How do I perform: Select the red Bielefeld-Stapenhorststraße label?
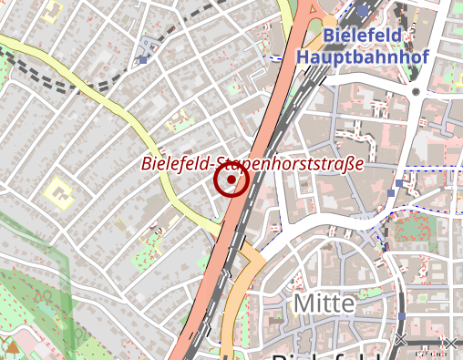[252, 164]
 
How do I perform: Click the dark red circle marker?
[231, 180]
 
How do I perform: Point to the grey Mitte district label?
[323, 303]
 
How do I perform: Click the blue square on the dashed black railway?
[144, 60]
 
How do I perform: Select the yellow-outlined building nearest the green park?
[60, 191]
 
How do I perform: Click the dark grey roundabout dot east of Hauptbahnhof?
[416, 91]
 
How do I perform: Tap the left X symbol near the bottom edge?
[400, 341]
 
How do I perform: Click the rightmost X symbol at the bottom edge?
[448, 343]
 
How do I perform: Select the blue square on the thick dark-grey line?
[401, 316]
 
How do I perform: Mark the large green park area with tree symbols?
[32, 292]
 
